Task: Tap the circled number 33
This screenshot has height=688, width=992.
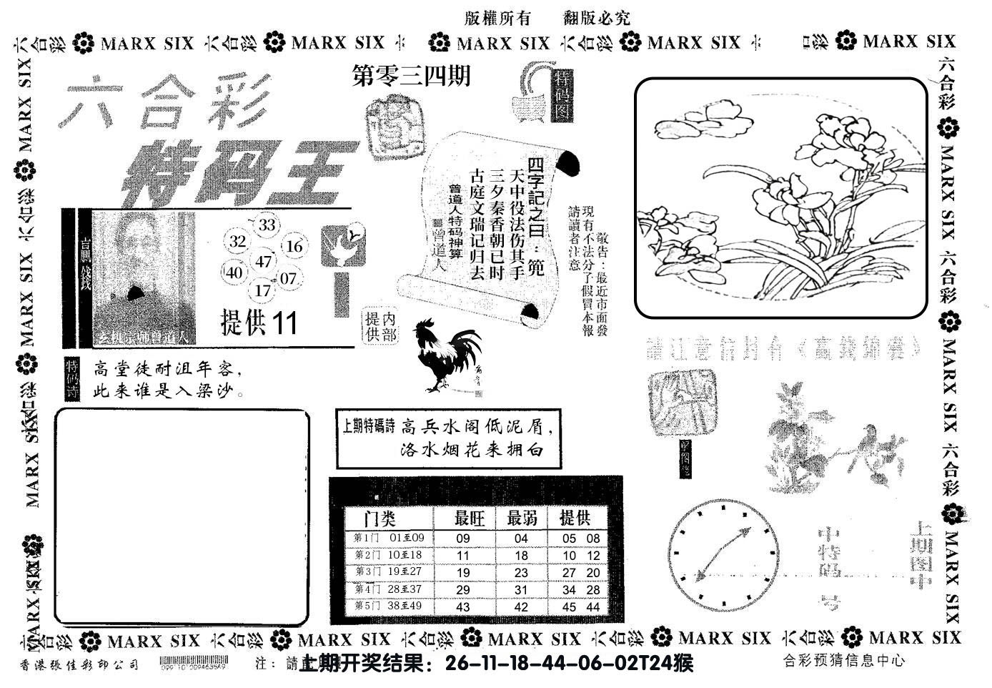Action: pos(267,225)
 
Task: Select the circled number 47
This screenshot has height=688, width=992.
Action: pos(264,261)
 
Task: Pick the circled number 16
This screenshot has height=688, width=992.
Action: pos(294,247)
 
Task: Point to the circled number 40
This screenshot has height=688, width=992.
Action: pos(234,272)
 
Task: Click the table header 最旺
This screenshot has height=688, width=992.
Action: pos(470,518)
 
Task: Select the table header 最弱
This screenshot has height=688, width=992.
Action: pos(522,518)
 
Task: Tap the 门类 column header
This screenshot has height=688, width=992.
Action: pos(379,518)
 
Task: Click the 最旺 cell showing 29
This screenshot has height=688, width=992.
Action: pos(462,589)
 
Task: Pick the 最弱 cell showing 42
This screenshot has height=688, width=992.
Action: pos(521,606)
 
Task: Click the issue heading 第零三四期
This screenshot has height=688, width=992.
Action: pos(412,76)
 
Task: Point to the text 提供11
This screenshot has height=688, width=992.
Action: pos(259,323)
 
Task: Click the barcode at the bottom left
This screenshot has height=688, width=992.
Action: pos(194,662)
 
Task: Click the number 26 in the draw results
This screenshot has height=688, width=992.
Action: pos(455,664)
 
